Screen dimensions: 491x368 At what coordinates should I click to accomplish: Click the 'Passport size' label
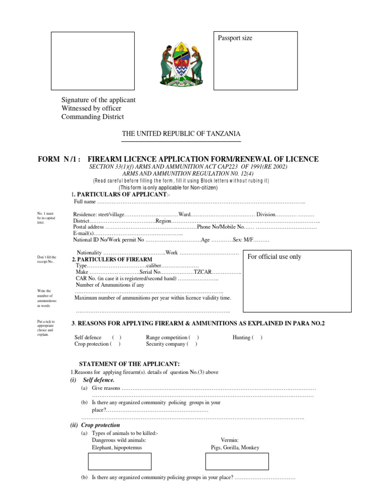click(x=235, y=38)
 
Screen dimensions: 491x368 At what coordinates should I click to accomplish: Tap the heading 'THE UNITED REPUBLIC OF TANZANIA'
click(x=181, y=134)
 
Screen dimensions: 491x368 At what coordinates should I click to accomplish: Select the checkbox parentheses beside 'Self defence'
click(x=117, y=338)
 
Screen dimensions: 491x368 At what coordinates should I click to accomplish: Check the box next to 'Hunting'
click(x=257, y=338)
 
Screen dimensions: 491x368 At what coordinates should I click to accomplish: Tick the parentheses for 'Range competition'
click(x=194, y=338)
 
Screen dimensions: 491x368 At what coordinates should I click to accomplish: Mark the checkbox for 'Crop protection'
click(x=115, y=344)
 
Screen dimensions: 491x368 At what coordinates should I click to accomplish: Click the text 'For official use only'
click(x=275, y=257)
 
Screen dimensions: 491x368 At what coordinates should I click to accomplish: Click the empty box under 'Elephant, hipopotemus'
click(x=120, y=461)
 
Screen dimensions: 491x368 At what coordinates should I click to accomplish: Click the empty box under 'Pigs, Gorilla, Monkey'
click(x=237, y=461)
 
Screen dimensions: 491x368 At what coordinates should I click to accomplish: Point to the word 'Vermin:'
click(x=230, y=440)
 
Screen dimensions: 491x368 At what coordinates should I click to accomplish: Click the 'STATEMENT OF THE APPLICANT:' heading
click(x=129, y=364)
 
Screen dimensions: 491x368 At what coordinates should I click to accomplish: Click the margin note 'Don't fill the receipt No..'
click(x=46, y=259)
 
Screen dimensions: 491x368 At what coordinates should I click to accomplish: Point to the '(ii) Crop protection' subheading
click(x=95, y=425)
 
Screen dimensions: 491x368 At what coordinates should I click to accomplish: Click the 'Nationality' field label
click(x=90, y=253)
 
